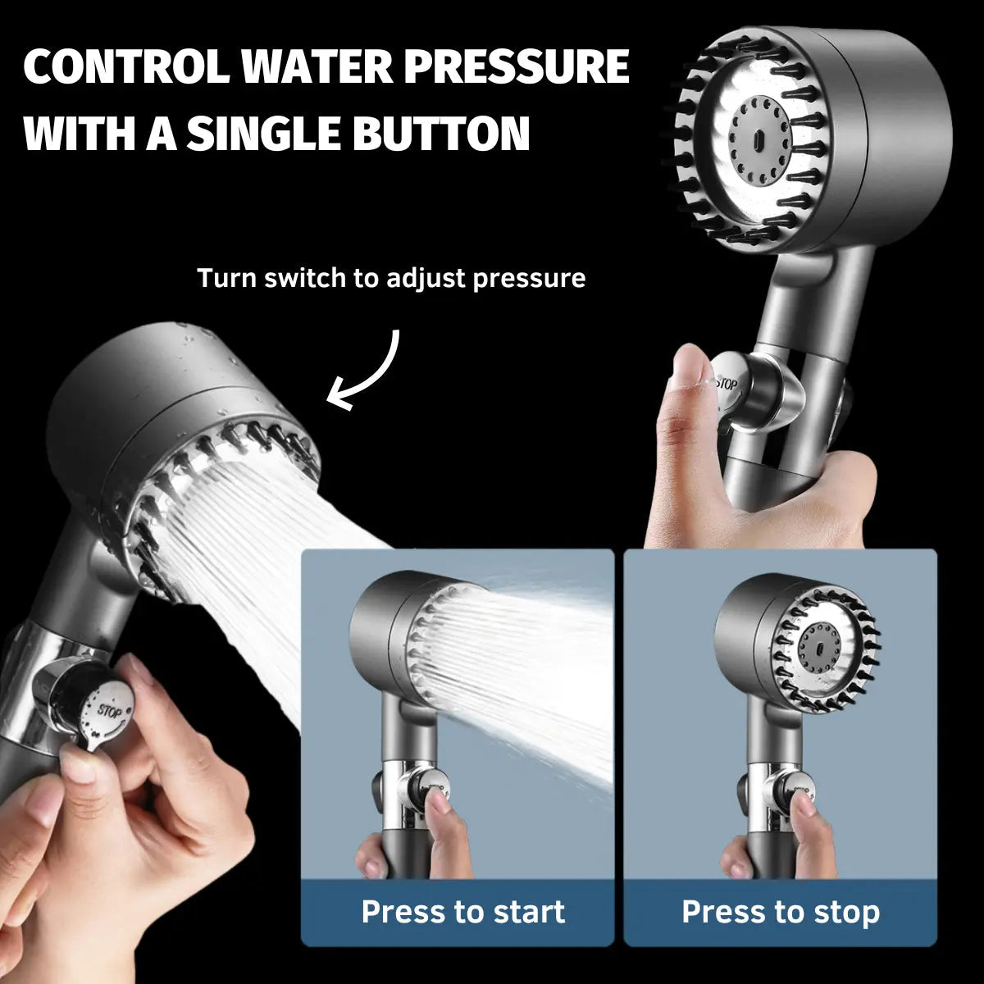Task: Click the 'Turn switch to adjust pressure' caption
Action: tap(391, 278)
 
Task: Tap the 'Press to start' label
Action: tap(463, 912)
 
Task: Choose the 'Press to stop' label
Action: tap(781, 912)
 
